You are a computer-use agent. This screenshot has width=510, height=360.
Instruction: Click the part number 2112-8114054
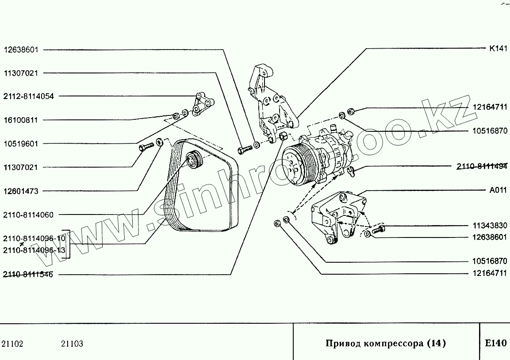pos(29,96)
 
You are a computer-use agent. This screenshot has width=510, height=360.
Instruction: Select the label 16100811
pos(21,120)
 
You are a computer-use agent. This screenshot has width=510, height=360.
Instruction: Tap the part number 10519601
pos(21,144)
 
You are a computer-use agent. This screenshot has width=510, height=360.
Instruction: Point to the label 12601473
pos(21,191)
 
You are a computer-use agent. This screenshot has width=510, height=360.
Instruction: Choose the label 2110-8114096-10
pos(34,239)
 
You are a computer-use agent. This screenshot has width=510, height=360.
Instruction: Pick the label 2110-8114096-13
pos(34,250)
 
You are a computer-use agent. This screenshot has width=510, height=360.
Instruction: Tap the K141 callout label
pos(498,49)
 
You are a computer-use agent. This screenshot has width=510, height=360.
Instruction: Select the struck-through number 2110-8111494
pos(482,167)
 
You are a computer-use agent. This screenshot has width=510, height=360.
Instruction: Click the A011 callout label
pos(498,190)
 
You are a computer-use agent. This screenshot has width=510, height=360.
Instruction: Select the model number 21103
pos(72,344)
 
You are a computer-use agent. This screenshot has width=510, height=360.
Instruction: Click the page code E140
pos(495,343)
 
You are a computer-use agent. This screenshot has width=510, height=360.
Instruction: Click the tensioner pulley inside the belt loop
pos(193,159)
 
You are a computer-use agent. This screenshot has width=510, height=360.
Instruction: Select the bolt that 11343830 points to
pos(377,230)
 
